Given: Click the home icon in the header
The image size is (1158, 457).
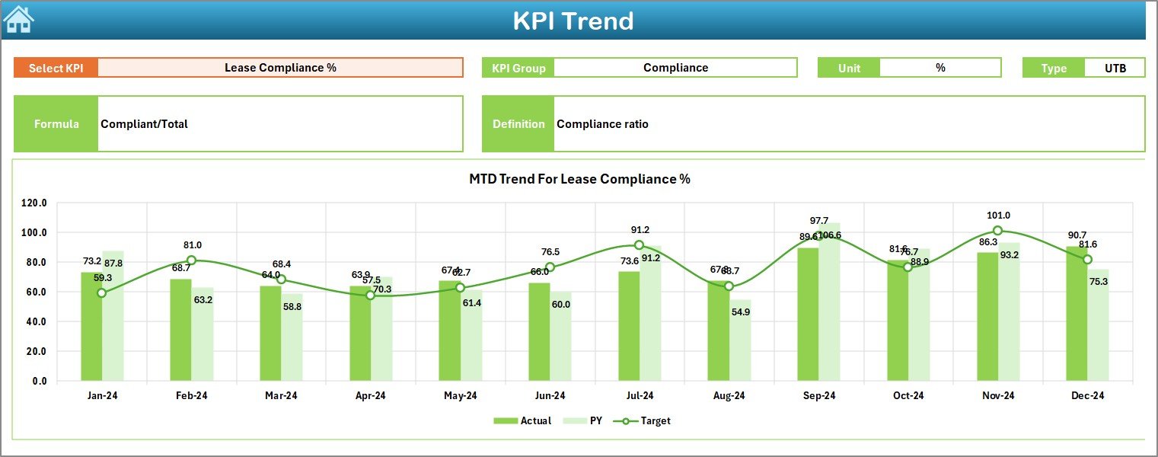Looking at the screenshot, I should [18, 19].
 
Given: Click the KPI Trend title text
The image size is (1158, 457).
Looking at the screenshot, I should [573, 21].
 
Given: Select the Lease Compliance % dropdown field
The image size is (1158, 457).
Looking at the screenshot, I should [280, 68].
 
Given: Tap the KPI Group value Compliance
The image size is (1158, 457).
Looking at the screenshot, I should [675, 68].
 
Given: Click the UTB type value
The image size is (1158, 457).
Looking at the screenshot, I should [1115, 68].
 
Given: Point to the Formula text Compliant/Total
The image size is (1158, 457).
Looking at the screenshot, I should [145, 124].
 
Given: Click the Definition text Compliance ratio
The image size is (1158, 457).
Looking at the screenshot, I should [602, 124].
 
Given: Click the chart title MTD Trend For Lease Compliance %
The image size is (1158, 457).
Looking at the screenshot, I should [579, 179].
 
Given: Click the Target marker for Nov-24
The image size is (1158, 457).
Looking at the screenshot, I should [997, 231].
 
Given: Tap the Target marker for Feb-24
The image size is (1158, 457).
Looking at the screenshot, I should [191, 260].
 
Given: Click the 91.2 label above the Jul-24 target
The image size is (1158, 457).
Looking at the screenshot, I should [639, 230].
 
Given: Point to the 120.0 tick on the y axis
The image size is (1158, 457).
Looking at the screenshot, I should [33, 203].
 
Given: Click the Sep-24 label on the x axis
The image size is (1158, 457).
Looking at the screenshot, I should [818, 396].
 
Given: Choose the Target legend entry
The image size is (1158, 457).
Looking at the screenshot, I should [646, 420].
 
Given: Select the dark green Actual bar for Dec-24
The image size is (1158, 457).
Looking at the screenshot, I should [1077, 313].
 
